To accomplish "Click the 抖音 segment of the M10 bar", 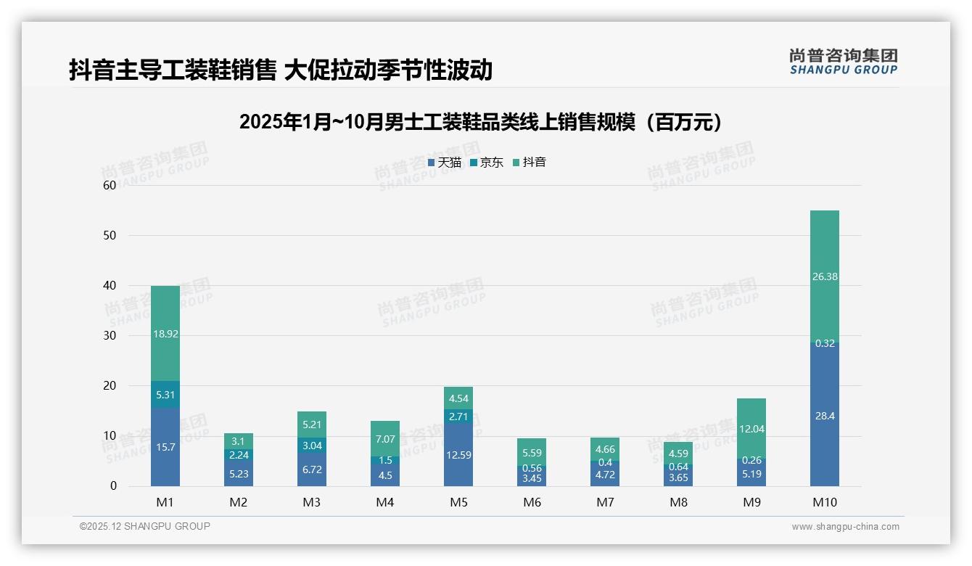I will [x=824, y=276].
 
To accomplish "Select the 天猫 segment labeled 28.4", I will [x=824, y=415].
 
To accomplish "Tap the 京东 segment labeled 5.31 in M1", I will [x=165, y=395].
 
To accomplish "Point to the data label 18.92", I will [x=165, y=334].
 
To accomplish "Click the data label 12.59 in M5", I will [x=458, y=455].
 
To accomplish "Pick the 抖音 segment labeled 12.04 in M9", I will [x=751, y=428].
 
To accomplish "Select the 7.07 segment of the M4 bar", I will [x=385, y=439].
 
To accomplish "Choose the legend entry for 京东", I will [x=487, y=163].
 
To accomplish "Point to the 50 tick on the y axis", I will [x=110, y=235].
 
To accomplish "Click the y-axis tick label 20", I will [x=110, y=386].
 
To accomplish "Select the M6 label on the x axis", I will [x=532, y=503].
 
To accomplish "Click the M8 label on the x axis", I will [x=678, y=503].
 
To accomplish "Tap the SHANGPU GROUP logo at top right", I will [x=843, y=62].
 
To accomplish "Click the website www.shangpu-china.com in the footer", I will [x=845, y=527].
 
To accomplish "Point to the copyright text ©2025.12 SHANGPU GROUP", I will [x=145, y=527].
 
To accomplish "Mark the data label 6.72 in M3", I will [x=312, y=470].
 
